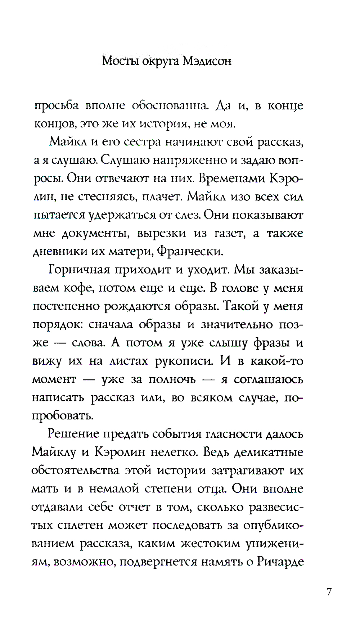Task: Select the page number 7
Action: click(x=329, y=592)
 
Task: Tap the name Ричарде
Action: click(x=281, y=562)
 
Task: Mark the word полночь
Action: click(x=172, y=379)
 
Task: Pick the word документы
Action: click(x=96, y=234)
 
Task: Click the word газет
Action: click(x=230, y=234)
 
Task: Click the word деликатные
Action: click(x=269, y=452)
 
